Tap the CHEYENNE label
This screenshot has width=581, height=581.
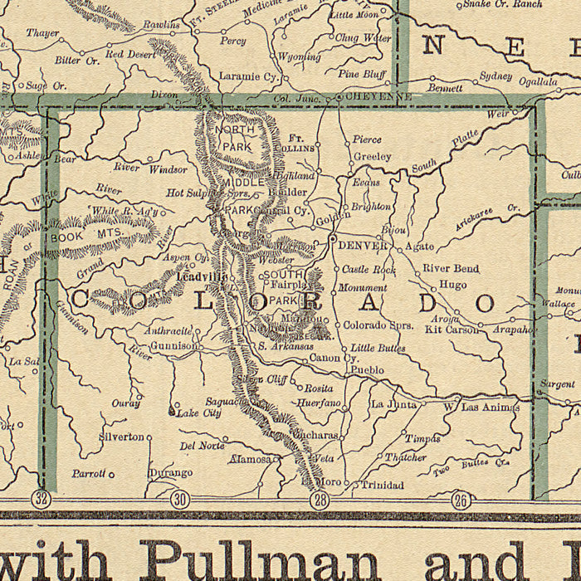coord(378,97)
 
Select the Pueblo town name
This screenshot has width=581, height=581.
coord(367,369)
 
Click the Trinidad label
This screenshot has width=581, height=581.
coord(381,485)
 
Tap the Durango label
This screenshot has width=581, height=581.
coord(170,473)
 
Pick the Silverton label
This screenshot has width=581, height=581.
coord(121,436)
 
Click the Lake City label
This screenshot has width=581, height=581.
coord(200,413)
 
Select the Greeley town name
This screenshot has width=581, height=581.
coord(372,156)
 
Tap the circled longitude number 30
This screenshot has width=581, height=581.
coord(179,499)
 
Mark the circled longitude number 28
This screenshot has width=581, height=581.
coord(320,499)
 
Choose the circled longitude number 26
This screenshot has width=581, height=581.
coord(461,499)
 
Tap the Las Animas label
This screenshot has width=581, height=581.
coord(491,408)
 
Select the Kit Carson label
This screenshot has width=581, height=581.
coord(452,330)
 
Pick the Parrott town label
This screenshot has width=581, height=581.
coord(88,474)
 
